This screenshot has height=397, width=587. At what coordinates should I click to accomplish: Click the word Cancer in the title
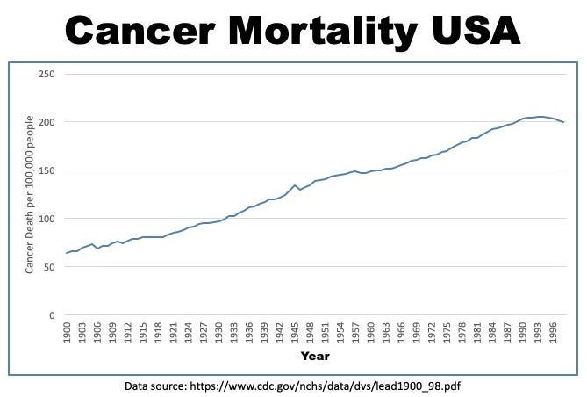pos(140,31)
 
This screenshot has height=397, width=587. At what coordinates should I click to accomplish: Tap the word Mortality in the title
pos(322,32)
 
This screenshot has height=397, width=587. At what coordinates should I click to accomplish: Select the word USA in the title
pos(476,31)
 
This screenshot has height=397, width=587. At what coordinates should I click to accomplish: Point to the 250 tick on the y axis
pos(47,74)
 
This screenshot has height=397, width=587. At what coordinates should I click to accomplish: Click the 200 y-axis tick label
pos(47,122)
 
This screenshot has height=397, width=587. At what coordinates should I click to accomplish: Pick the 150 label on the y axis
pos(47,170)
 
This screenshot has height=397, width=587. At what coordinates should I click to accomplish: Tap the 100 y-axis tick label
pos(47,219)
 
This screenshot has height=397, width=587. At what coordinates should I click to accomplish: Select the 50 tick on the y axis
pos(49,267)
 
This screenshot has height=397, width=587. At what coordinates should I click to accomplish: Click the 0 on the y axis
pos(52,315)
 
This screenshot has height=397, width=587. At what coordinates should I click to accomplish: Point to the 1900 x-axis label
pos(67,332)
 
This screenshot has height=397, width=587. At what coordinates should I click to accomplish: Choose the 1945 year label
pos(295,332)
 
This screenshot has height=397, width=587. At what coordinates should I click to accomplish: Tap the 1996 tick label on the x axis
pos(554,332)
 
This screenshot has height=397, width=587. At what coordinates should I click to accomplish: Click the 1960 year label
pos(371,332)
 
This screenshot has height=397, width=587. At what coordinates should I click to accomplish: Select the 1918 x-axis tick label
pos(158,332)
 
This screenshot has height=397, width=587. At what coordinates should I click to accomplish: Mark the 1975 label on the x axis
pos(447,332)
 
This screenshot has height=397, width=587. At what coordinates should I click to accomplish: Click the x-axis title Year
pos(315,356)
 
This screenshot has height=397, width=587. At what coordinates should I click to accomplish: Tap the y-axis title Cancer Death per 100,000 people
pos(30,195)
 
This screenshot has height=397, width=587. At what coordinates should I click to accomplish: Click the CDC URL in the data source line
pos(326,386)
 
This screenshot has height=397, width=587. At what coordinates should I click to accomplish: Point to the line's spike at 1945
pos(295,185)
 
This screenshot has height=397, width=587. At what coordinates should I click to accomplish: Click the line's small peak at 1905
pos(92,244)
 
